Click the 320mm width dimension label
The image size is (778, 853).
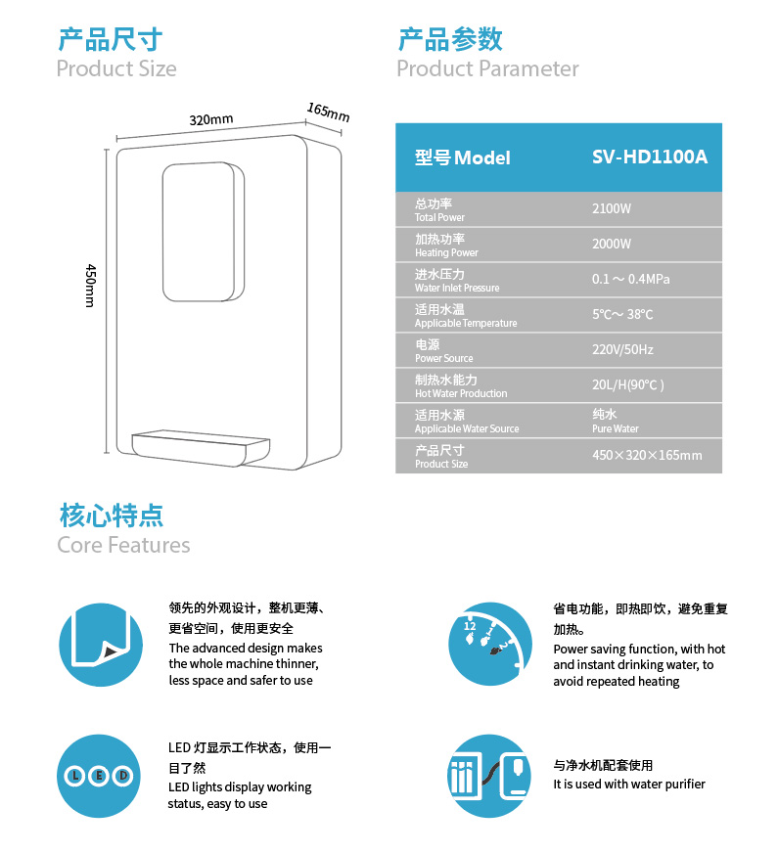211,119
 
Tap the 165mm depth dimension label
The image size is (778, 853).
328,112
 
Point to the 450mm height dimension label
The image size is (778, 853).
91,286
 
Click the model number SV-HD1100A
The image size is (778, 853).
650,157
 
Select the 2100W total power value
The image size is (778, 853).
612,209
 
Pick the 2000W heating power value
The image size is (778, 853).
612,245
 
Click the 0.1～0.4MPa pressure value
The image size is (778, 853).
630,279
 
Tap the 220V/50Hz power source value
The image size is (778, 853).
622,350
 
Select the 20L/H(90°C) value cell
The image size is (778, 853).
628,385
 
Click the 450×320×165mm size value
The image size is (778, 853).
647,455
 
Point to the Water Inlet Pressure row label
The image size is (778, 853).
457,288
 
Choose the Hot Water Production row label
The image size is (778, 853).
461,393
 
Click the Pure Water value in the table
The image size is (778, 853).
616,428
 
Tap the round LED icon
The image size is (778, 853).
99,776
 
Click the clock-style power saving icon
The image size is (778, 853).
489,644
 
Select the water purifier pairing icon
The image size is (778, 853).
489,776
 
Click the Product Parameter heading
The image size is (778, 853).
487,68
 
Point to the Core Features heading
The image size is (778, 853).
123,545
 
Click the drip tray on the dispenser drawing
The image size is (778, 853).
201,449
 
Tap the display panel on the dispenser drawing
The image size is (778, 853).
203,232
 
